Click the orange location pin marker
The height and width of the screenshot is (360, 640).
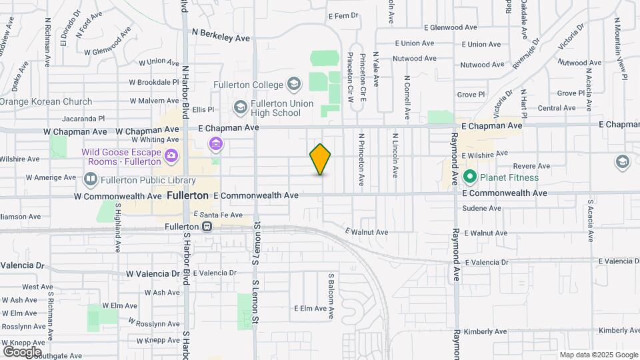(x=320, y=159)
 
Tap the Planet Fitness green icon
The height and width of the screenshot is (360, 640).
(x=469, y=177)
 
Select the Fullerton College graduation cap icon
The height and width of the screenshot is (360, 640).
(x=293, y=84)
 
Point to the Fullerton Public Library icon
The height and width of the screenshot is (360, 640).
(x=90, y=179)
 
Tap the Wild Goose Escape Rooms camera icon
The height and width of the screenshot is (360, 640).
(x=171, y=156)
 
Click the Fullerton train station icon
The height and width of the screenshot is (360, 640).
(x=207, y=227)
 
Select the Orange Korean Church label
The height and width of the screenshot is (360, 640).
(x=46, y=102)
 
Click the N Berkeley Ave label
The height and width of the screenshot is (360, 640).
(x=221, y=35)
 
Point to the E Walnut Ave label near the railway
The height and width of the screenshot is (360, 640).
(x=366, y=232)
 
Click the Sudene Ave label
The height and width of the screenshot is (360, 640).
(x=482, y=208)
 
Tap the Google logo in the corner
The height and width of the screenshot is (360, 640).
(x=22, y=351)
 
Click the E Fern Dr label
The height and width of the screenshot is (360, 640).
(x=343, y=15)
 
